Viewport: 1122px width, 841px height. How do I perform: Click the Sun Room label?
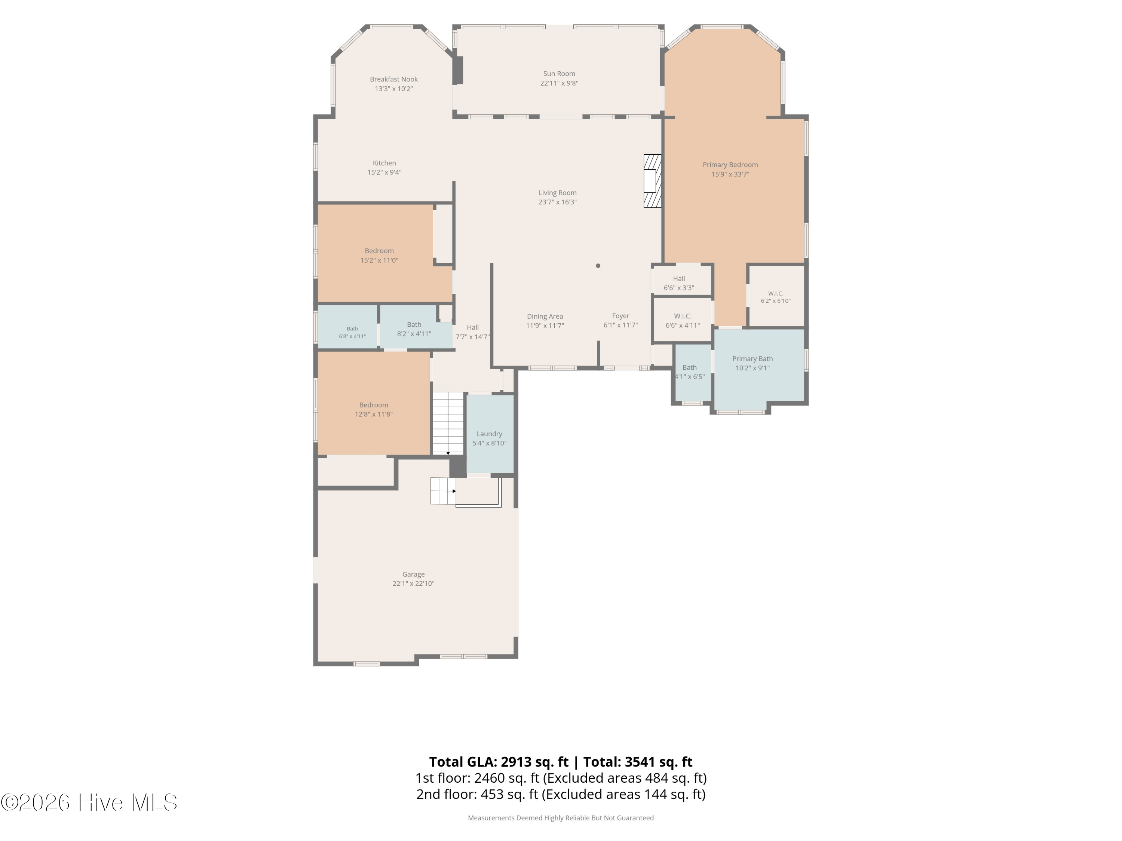point(559,74)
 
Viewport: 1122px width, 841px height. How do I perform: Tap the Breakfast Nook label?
point(393,79)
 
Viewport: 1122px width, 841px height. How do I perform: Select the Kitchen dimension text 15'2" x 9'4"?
point(384,172)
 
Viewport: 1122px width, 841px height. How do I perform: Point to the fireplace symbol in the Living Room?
point(652,181)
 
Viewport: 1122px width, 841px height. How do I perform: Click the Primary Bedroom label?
point(730,165)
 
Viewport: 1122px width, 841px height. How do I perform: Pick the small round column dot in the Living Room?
point(598,266)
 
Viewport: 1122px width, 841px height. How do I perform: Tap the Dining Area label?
point(545,316)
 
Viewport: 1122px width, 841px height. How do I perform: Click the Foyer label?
point(620,316)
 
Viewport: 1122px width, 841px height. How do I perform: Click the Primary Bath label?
point(752,358)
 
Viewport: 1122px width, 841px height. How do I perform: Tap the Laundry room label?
point(490,434)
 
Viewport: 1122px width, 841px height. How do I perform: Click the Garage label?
point(413,574)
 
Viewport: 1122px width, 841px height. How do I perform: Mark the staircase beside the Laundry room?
point(448,423)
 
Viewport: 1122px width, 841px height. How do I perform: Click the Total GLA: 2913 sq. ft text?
point(499,762)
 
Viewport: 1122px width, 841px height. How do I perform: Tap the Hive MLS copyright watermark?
point(89,803)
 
